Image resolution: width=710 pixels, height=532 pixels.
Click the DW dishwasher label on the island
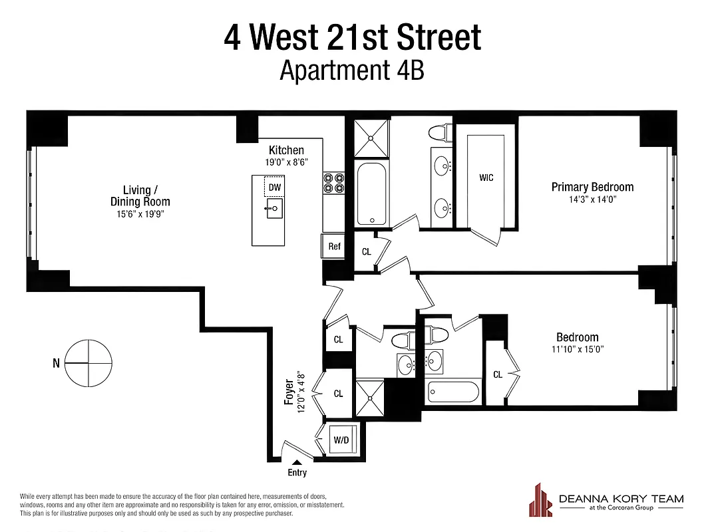coord(275,188)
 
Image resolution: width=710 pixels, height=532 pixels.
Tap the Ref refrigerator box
coord(334,246)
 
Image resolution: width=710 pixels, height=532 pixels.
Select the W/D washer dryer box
coord(341,440)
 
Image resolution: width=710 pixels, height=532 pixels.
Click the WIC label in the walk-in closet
coord(486,178)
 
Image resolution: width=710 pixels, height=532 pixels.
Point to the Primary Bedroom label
coord(592,187)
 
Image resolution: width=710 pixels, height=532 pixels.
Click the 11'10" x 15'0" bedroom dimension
coord(577,349)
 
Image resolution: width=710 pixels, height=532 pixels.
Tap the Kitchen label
coord(286,150)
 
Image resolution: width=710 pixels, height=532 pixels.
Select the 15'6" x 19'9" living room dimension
coord(140,213)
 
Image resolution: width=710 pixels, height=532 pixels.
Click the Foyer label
coord(289,392)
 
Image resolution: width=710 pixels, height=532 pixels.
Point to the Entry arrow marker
coord(297,462)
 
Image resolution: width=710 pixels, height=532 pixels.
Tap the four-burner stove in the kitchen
coord(333,184)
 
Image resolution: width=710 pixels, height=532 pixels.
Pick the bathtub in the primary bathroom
coord(371,193)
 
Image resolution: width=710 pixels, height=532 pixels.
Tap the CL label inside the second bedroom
coord(498,374)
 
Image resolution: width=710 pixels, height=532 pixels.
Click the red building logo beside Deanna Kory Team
coord(540,499)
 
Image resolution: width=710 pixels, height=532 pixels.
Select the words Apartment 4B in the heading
coord(352,69)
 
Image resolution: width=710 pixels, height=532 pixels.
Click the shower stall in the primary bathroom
coord(371,138)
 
